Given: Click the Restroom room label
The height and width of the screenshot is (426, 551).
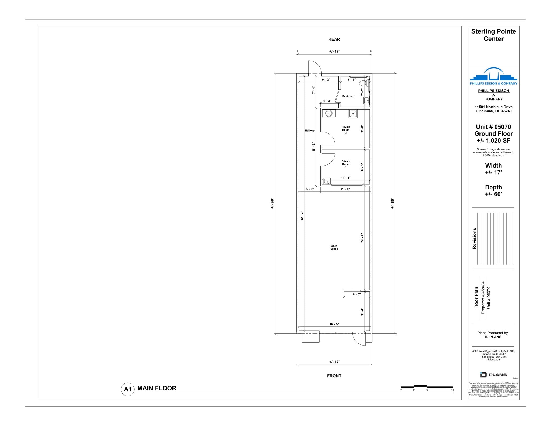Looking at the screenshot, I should pyautogui.click(x=348, y=96).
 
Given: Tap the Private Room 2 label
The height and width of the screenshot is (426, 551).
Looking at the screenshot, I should pyautogui.click(x=346, y=130).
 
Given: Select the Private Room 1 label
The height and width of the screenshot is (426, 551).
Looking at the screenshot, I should pyautogui.click(x=346, y=164).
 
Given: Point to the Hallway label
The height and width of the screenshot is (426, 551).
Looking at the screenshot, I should pyautogui.click(x=310, y=131).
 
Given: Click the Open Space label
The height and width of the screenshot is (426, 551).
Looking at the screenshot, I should pyautogui.click(x=334, y=247).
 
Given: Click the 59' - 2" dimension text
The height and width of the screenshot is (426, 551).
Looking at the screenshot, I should pyautogui.click(x=302, y=216).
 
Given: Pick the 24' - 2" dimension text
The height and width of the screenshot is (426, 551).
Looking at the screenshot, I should pyautogui.click(x=362, y=238).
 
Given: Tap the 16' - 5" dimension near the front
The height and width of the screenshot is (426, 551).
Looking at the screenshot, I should pyautogui.click(x=334, y=324).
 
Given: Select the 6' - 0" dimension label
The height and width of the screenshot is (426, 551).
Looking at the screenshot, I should pyautogui.click(x=356, y=294).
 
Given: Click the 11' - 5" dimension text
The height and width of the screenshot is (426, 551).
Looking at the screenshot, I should pyautogui.click(x=345, y=189).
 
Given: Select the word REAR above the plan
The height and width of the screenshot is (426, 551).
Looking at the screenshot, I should pyautogui.click(x=334, y=39).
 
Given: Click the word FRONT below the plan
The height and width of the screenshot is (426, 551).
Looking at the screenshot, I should pyautogui.click(x=334, y=376).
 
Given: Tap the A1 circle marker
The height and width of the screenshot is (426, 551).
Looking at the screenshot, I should pyautogui.click(x=128, y=389).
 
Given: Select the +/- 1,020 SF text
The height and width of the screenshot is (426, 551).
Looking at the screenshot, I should pyautogui.click(x=493, y=140).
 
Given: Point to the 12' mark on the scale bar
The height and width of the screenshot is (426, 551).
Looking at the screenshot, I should pyautogui.click(x=453, y=390).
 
